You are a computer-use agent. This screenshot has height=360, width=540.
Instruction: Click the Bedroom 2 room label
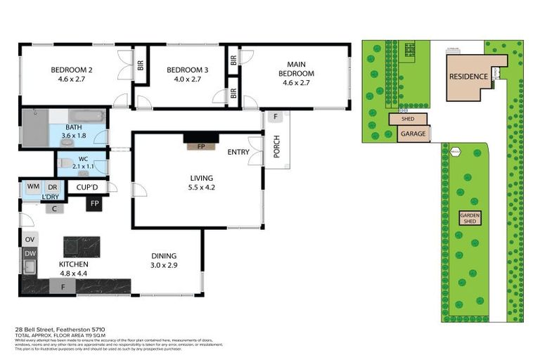[72, 70]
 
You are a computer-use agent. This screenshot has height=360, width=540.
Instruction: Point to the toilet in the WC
[64, 163]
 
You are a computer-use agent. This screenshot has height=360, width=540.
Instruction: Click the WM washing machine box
[33, 186]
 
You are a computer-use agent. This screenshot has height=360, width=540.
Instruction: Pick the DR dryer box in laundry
[52, 186]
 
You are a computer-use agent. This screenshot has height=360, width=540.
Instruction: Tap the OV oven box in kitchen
[30, 240]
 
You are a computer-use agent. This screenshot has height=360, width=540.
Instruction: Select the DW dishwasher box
[30, 253]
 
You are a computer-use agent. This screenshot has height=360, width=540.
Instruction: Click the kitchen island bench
[82, 246]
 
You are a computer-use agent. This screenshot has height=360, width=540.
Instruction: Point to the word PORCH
[276, 147]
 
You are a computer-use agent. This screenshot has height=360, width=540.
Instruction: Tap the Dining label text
[163, 256]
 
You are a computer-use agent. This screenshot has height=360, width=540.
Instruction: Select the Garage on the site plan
[412, 134]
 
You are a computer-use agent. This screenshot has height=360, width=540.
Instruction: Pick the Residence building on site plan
[468, 77]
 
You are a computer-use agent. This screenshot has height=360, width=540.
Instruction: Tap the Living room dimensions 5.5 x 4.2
[200, 188]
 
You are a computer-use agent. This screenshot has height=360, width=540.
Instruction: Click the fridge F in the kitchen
[63, 286]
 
